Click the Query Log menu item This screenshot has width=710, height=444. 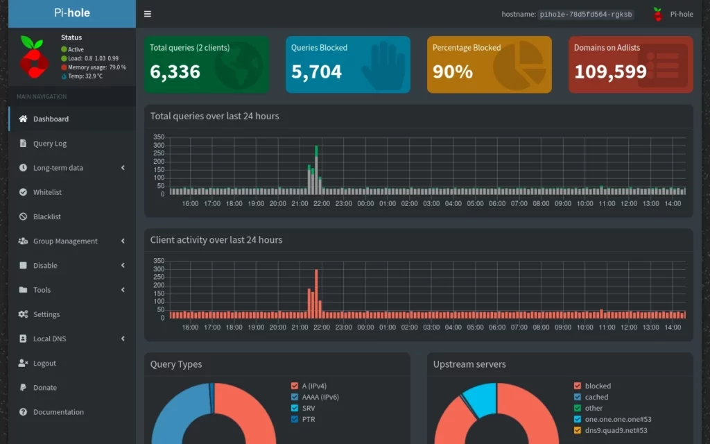click(49, 144)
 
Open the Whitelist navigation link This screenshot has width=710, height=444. click(47, 192)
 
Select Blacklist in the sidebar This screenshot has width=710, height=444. click(46, 216)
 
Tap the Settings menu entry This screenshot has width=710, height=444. click(46, 314)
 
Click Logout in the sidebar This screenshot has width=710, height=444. click(44, 363)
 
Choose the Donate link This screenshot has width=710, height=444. click(44, 388)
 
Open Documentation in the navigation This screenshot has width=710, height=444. click(58, 412)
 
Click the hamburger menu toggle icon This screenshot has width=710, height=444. click(148, 14)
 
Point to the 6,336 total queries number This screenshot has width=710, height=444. click(175, 71)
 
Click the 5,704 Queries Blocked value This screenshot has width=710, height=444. click(316, 71)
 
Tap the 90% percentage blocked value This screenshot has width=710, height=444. click(452, 71)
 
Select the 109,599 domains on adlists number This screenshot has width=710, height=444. click(610, 71)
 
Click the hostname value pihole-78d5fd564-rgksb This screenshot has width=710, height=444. click(587, 15)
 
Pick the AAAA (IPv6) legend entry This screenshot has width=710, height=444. click(320, 398)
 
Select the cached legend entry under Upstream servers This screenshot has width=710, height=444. click(596, 398)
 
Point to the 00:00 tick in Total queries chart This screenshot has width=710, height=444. click(365, 204)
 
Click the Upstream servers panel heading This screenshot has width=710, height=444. click(469, 364)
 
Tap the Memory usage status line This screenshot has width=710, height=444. click(96, 67)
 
